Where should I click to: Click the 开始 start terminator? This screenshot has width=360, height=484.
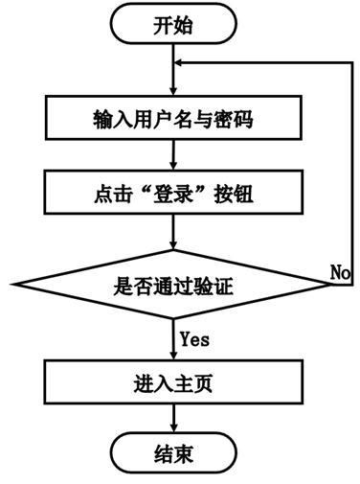172,26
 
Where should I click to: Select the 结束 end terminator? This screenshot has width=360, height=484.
172,452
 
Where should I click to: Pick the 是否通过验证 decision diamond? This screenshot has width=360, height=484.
172,285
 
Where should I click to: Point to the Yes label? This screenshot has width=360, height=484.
195,339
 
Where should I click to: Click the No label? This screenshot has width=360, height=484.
340,273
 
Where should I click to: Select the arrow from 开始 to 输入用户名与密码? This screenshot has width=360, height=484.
172,72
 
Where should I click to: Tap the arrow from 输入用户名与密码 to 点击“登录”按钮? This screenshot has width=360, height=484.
172,158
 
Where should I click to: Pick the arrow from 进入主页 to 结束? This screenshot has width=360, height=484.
172,417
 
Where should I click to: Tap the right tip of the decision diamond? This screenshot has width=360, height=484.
329,285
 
